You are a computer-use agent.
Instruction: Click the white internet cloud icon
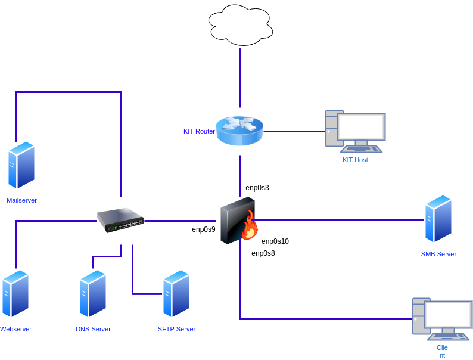pyautogui.click(x=240, y=25)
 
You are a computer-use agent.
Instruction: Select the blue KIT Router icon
pyautogui.click(x=239, y=131)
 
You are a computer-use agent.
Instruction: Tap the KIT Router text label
pyautogui.click(x=199, y=131)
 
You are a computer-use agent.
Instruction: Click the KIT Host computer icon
pyautogui.click(x=355, y=131)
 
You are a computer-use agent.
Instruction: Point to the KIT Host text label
pyautogui.click(x=355, y=160)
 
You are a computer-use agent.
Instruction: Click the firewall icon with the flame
pyautogui.click(x=239, y=221)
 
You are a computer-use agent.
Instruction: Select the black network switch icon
pyautogui.click(x=120, y=220)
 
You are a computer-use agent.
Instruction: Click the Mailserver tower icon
pyautogui.click(x=21, y=165)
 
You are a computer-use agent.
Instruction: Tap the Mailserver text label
pyautogui.click(x=21, y=200)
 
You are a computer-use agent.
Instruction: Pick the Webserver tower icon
pyautogui.click(x=15, y=294)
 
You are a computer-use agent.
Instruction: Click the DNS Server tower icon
pyautogui.click(x=93, y=294)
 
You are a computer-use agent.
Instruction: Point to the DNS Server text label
pyautogui.click(x=93, y=329)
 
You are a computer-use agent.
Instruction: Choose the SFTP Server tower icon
pyautogui.click(x=176, y=294)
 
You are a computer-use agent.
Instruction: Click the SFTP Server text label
pyautogui.click(x=176, y=329)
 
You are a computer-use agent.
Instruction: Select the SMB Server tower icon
pyautogui.click(x=438, y=219)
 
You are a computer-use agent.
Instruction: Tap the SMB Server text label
pyautogui.click(x=438, y=254)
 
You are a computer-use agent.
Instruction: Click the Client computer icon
pyautogui.click(x=442, y=319)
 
